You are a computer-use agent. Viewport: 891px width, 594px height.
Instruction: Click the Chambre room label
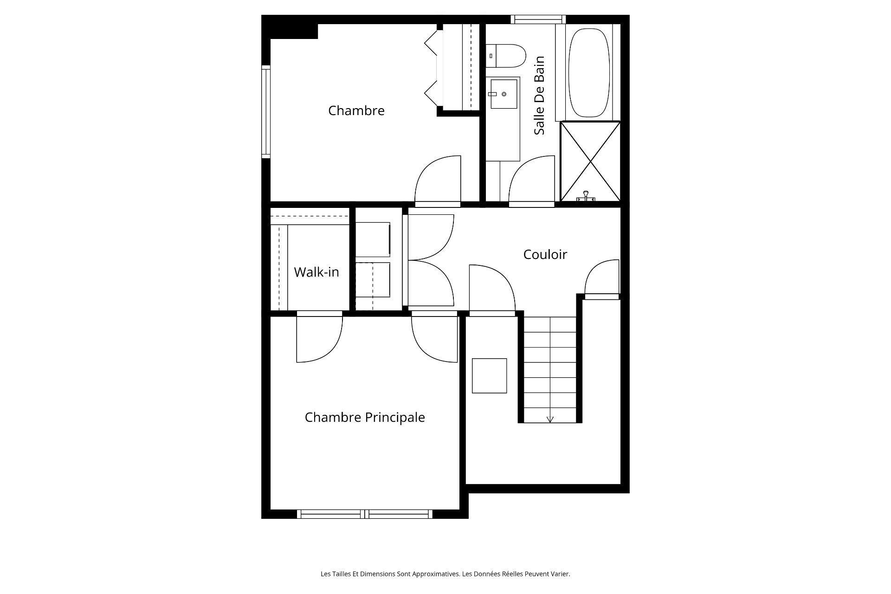[356, 111]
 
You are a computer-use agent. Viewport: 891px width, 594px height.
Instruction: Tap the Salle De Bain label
[539, 96]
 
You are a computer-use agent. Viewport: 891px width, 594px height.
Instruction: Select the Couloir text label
[545, 254]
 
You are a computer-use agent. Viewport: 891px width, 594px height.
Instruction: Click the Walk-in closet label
[316, 272]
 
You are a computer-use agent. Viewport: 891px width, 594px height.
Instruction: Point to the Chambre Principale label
[364, 417]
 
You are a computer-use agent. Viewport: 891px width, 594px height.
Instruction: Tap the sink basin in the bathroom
[504, 94]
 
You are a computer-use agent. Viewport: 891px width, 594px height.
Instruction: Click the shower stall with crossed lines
[590, 161]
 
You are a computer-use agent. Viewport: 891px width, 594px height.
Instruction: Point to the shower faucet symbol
[586, 196]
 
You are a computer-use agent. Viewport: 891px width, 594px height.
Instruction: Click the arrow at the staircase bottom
[550, 419]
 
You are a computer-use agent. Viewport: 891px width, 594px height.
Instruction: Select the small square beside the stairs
[489, 375]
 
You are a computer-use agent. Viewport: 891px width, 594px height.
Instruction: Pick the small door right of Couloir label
[602, 278]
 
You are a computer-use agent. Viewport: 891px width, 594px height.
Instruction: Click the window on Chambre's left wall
[265, 111]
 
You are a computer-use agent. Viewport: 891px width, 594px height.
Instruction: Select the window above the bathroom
[538, 19]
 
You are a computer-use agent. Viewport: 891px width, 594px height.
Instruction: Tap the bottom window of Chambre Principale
[364, 514]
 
